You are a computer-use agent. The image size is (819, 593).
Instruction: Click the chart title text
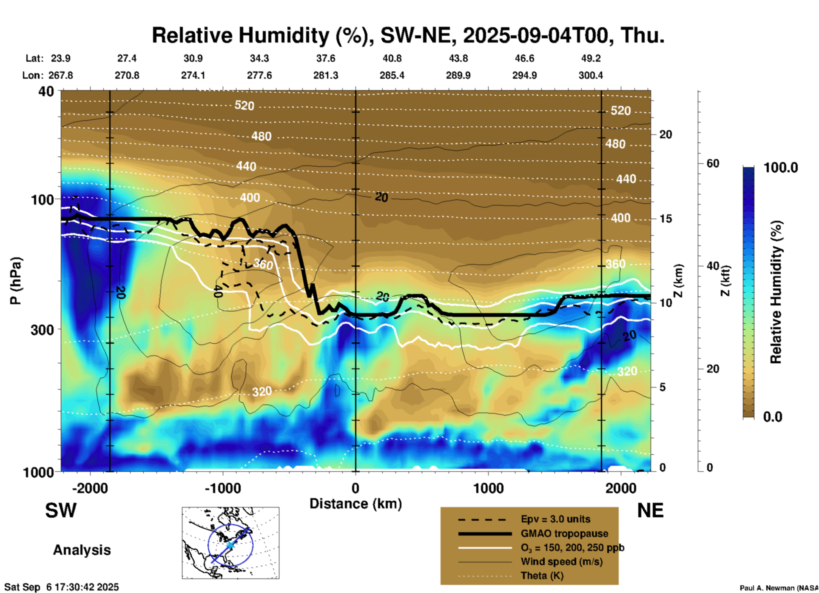pyautogui.click(x=408, y=35)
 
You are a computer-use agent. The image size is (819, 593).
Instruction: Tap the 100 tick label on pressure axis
pyautogui.click(x=43, y=200)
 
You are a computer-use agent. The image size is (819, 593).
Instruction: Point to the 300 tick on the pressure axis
pyautogui.click(x=43, y=330)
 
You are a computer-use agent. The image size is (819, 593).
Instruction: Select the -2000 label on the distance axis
pyautogui.click(x=90, y=488)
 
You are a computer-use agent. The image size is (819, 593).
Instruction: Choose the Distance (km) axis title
pyautogui.click(x=355, y=504)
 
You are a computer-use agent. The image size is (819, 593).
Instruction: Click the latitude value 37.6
pyautogui.click(x=325, y=58)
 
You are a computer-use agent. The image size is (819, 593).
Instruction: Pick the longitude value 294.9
pyautogui.click(x=524, y=75)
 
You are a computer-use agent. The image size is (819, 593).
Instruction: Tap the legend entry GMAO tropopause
pyautogui.click(x=564, y=533)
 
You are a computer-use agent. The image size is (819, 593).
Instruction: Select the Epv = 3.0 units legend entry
pyautogui.click(x=555, y=519)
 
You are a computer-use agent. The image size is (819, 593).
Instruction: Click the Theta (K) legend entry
pyautogui.click(x=542, y=576)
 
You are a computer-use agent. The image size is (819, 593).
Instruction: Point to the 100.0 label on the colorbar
pyautogui.click(x=781, y=168)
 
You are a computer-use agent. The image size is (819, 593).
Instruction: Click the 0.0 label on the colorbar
pyautogui.click(x=773, y=417)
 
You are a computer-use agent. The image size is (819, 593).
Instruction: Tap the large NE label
pyautogui.click(x=650, y=510)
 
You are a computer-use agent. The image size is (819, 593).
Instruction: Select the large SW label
pyautogui.click(x=61, y=510)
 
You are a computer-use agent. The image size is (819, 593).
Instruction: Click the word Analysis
pyautogui.click(x=82, y=550)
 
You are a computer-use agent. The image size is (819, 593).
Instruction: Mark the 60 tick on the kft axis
pyautogui.click(x=713, y=164)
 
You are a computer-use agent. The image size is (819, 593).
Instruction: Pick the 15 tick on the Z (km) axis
pyautogui.click(x=665, y=219)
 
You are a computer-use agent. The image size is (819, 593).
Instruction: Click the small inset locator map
pyautogui.click(x=230, y=542)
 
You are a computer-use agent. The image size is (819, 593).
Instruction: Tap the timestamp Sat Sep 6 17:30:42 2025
pyautogui.click(x=62, y=587)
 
